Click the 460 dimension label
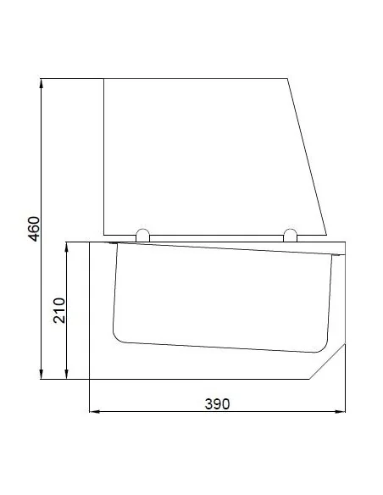(x=34, y=229)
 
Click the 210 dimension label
(x=59, y=310)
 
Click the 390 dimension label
(x=218, y=403)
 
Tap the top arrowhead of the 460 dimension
(x=41, y=83)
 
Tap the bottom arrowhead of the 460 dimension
(x=41, y=375)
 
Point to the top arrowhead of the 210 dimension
(x=66, y=247)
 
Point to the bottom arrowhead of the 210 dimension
(x=66, y=375)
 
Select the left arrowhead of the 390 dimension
(x=94, y=411)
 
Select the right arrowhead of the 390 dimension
(x=341, y=411)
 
